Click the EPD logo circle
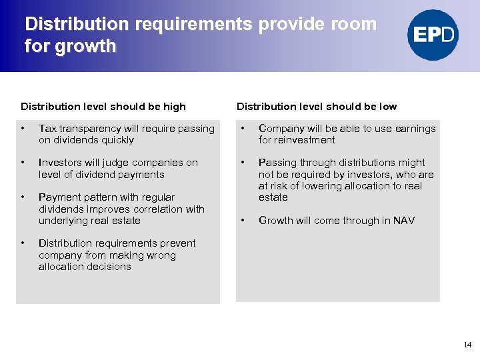(x=433, y=35)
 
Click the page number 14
(x=467, y=345)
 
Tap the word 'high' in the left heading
(x=174, y=107)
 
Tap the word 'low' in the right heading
(x=387, y=107)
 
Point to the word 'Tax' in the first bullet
(x=47, y=129)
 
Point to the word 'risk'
(x=279, y=186)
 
